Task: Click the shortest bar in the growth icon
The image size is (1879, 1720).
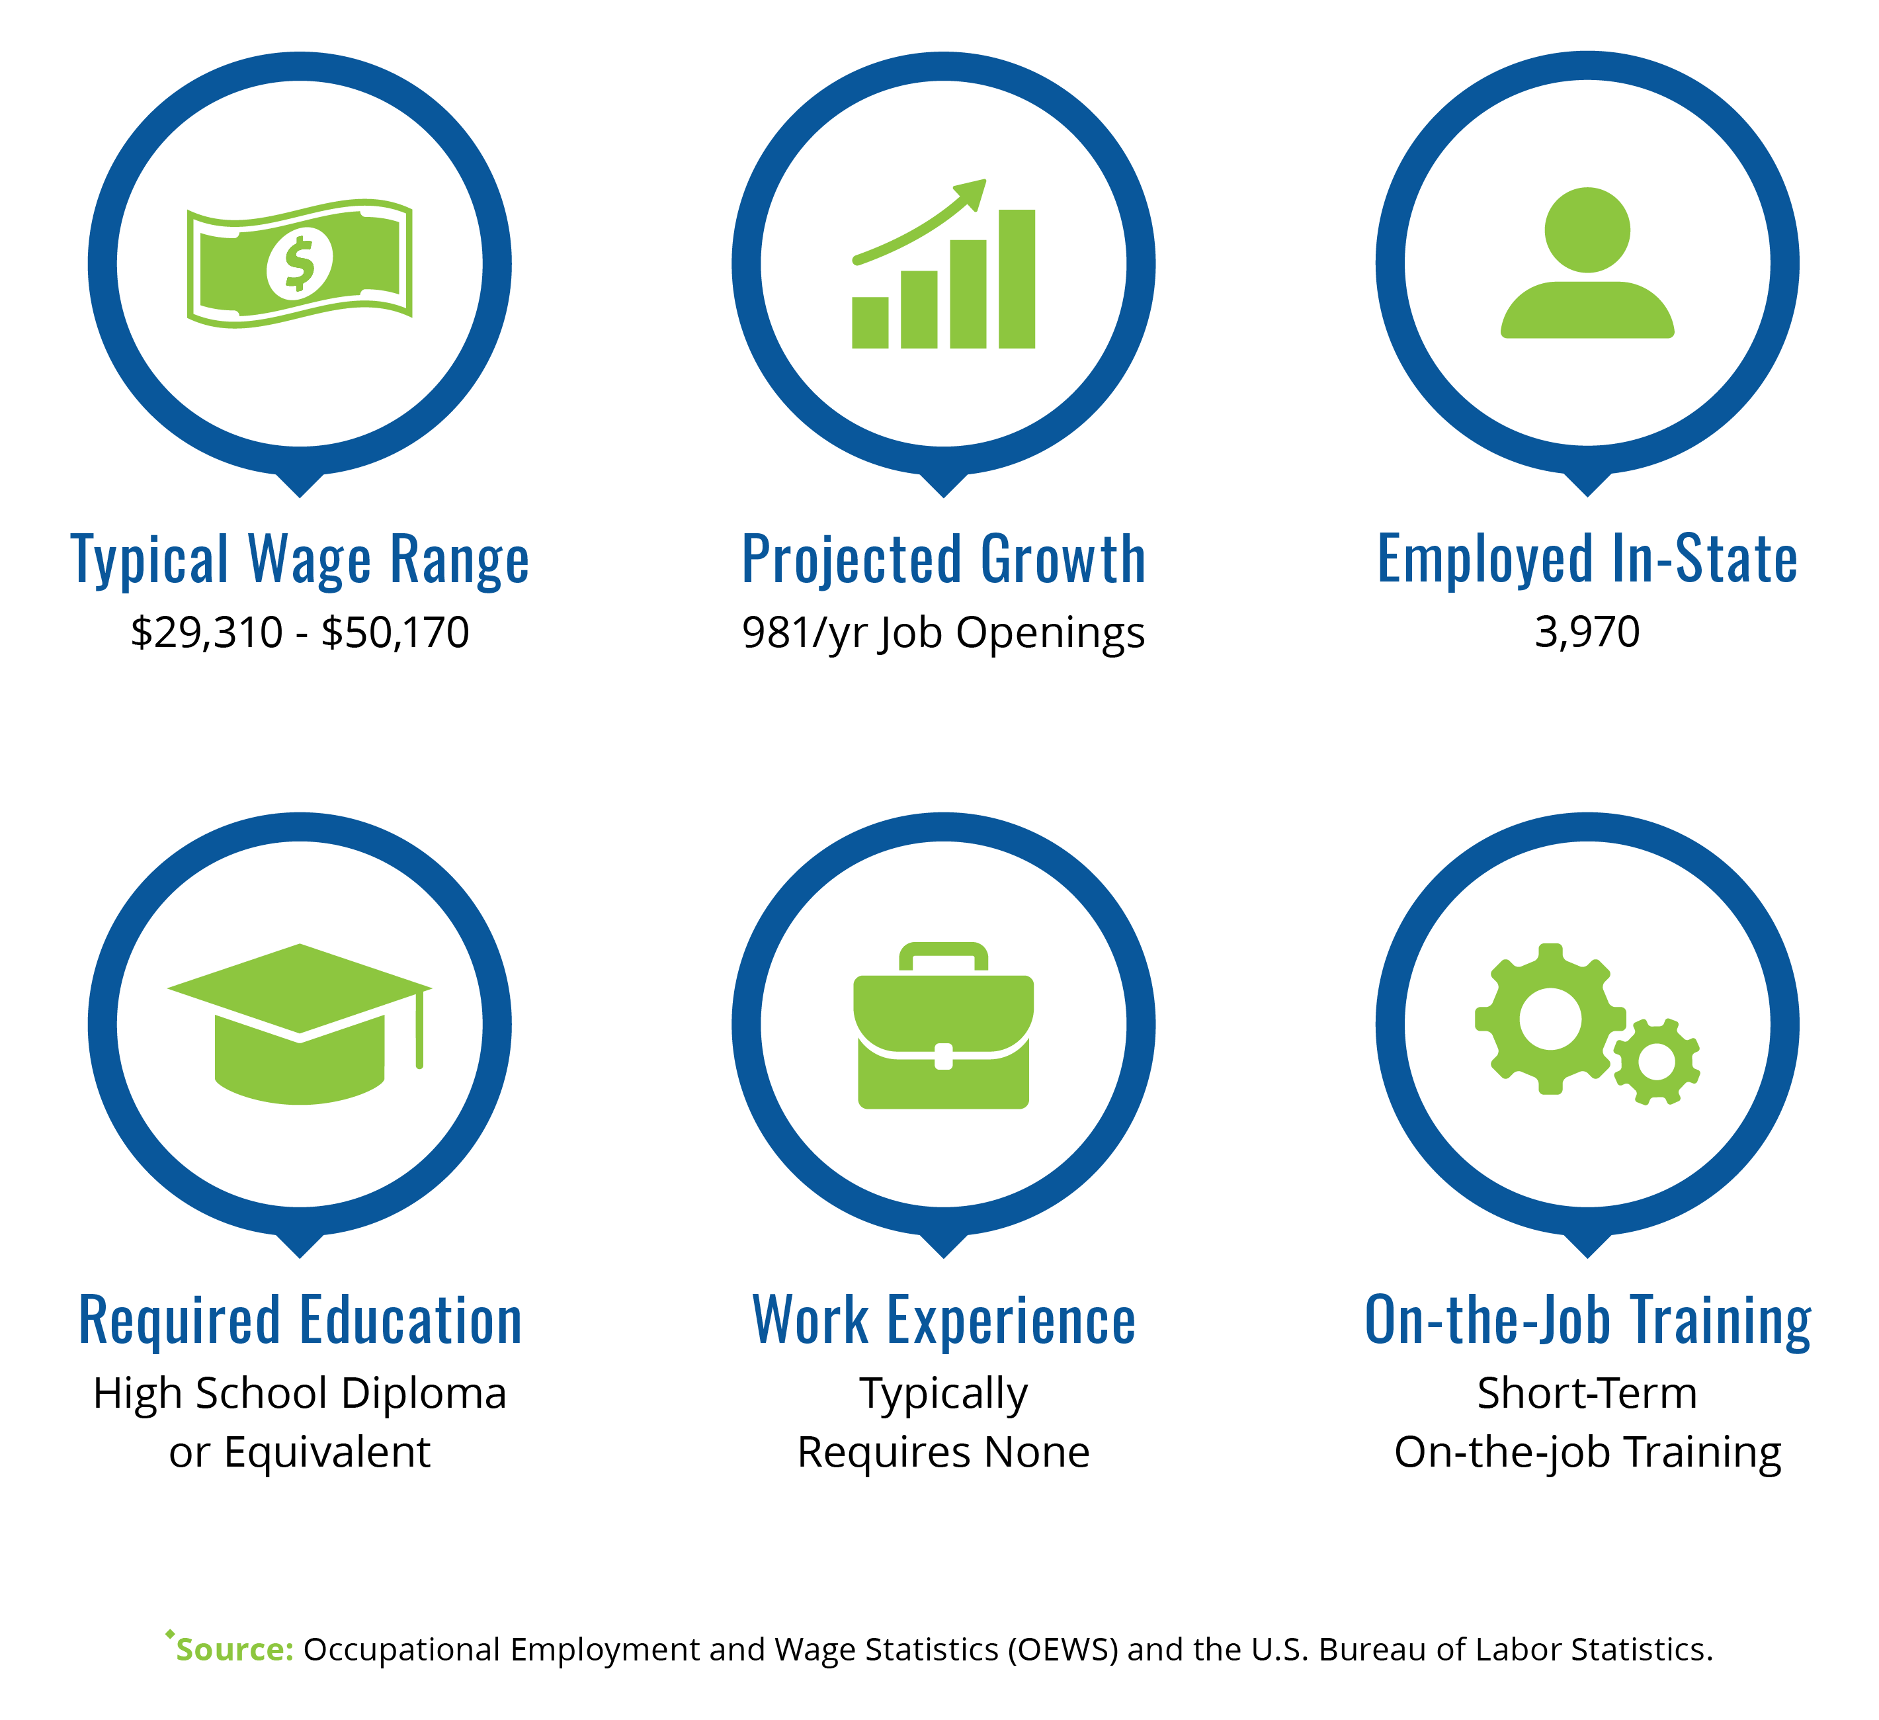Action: [x=870, y=323]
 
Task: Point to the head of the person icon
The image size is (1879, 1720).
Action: [x=1587, y=230]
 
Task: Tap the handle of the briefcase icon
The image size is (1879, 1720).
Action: [x=943, y=957]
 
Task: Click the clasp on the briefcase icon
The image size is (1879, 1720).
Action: [x=943, y=1056]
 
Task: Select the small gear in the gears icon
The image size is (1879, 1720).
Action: [x=1656, y=1062]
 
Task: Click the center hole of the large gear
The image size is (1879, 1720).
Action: [x=1550, y=1019]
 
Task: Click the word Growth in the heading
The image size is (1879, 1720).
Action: [x=1063, y=560]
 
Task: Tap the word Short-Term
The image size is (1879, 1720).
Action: [x=1587, y=1394]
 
